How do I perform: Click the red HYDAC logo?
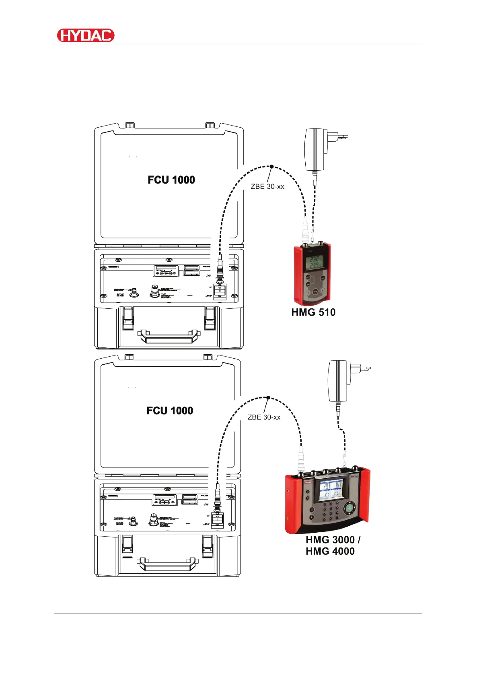86,35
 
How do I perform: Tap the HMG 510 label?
313,312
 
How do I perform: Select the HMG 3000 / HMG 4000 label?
332,546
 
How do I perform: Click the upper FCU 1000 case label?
171,180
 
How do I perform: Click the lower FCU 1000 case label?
170,411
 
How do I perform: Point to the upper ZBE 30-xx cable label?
267,187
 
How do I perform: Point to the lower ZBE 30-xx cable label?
264,418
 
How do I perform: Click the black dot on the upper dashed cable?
271,166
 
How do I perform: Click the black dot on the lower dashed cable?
268,397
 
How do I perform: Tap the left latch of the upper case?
128,318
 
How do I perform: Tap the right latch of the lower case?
208,547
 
